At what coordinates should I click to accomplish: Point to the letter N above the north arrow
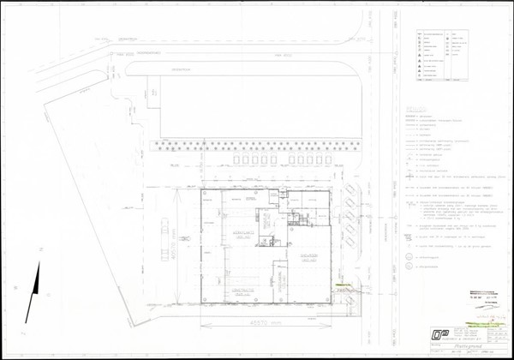point(40,245)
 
